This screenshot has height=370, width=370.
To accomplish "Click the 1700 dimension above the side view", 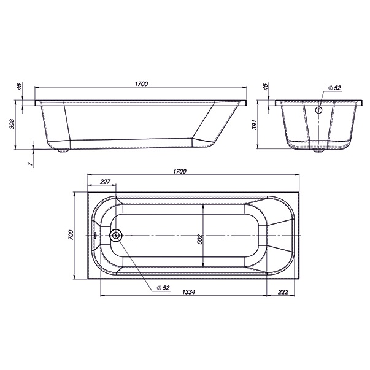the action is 142,84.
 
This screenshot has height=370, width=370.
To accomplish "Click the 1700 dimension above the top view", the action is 180,171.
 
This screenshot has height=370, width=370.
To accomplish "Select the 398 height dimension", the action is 12,124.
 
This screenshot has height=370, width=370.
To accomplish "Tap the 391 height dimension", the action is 255,125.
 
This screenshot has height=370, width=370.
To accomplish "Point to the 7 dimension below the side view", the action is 29,164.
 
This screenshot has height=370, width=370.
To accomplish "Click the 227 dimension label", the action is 106,182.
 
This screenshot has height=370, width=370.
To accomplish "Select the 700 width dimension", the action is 71,235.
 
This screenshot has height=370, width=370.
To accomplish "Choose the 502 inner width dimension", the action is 199,239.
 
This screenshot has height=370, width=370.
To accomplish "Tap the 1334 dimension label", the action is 189,292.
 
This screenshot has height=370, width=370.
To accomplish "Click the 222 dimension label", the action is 283,292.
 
